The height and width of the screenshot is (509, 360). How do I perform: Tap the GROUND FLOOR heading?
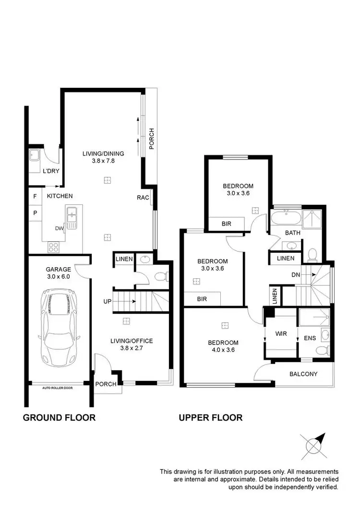[59, 417]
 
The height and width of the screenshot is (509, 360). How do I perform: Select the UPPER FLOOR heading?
[210, 417]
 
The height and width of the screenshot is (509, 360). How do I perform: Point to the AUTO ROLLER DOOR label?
[57, 388]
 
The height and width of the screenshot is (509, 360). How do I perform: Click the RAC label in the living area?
[143, 197]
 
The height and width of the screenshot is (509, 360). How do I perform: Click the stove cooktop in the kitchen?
[54, 248]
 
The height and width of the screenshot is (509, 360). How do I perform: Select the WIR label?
[281, 333]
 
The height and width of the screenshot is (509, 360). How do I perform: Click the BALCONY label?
[303, 374]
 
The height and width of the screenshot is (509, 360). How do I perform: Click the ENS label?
[310, 338]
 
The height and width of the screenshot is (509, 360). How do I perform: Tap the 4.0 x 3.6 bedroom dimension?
[223, 350]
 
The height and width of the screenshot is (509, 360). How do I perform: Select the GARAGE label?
[58, 269]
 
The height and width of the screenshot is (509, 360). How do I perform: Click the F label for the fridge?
[35, 196]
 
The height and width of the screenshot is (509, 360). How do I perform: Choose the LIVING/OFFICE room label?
[132, 341]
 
